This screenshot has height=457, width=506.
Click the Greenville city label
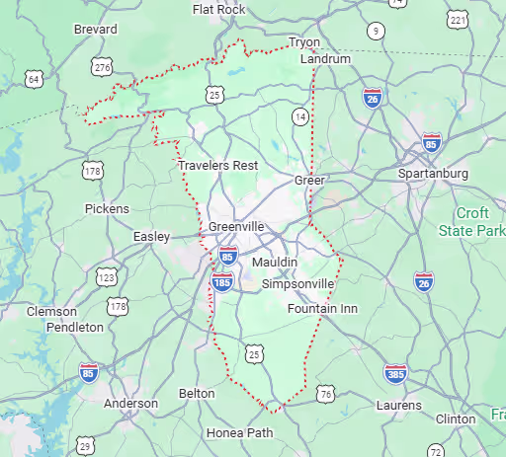(x=236, y=226)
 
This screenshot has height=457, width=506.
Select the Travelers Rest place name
(x=217, y=165)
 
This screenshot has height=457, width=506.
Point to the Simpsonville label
(x=297, y=283)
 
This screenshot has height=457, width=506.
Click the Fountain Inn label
(x=322, y=309)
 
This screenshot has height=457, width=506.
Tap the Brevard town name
(x=96, y=30)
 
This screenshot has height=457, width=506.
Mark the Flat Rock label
(x=219, y=10)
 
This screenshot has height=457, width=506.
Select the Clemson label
(x=51, y=311)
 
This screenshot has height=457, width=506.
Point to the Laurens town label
(x=398, y=405)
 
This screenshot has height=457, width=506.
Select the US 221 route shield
(x=456, y=20)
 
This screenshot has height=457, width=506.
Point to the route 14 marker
(x=298, y=117)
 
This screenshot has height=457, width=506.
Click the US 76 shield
(x=325, y=395)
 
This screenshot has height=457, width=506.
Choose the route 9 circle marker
(x=375, y=31)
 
